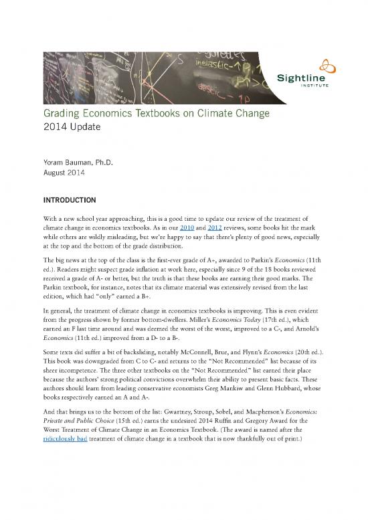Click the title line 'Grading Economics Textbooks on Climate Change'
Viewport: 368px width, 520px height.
157,114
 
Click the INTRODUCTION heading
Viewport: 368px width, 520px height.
72,199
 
